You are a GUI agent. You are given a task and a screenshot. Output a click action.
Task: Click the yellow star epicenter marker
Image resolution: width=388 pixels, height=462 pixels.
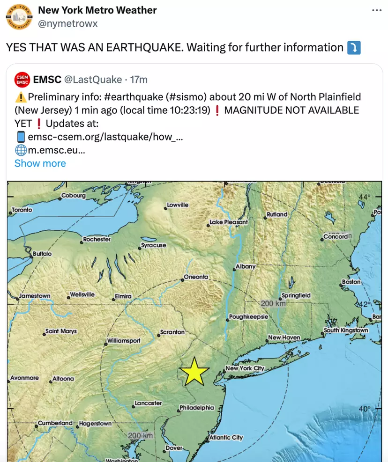click(194, 372)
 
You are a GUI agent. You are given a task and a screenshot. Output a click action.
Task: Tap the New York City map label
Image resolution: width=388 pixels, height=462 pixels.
click(245, 368)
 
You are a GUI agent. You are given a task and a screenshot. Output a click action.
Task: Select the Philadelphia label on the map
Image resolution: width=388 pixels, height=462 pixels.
click(197, 408)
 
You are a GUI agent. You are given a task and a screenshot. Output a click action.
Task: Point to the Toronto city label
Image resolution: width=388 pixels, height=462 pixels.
click(22, 210)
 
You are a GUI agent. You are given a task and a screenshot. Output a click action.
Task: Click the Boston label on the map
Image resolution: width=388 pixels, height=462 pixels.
click(351, 282)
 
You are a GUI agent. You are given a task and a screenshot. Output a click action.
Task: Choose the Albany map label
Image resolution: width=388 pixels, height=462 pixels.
click(245, 267)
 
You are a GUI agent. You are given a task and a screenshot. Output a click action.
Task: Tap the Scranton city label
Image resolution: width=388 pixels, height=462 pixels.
click(172, 332)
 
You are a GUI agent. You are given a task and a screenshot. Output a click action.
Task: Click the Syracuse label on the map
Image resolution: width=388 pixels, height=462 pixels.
click(154, 245)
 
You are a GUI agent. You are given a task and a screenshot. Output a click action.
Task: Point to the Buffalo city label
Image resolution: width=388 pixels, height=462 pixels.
click(42, 254)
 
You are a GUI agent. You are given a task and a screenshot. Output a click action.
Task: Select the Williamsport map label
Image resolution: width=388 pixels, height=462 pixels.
click(124, 341)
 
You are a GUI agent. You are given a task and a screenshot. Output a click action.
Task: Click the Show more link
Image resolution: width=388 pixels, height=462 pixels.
click(40, 163)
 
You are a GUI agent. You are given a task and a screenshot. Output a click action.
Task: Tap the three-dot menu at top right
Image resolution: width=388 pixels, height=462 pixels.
click(377, 10)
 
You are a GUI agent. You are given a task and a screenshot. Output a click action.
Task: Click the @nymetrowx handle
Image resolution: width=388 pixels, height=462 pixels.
click(67, 23)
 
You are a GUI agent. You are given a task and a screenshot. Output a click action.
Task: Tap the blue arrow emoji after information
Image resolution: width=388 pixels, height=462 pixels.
click(353, 48)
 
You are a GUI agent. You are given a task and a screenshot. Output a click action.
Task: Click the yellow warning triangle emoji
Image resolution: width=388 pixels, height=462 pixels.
click(21, 97)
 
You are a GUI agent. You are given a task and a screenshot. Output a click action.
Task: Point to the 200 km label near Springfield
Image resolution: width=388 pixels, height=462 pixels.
click(273, 303)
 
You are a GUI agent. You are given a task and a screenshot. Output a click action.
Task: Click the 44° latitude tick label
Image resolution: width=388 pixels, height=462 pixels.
click(365, 197)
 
